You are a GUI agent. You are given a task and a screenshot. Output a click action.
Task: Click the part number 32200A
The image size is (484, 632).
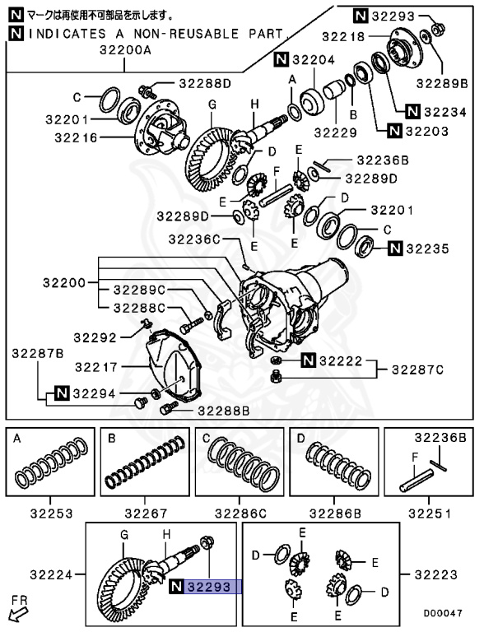[x=126, y=50]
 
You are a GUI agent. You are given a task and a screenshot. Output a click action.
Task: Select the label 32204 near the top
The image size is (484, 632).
[x=311, y=59]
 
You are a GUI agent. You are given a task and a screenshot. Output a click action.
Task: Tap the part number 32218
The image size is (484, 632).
[x=344, y=37]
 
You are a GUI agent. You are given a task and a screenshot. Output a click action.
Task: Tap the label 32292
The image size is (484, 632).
[x=95, y=337]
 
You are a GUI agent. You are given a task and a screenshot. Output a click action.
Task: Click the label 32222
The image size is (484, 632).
[x=342, y=360]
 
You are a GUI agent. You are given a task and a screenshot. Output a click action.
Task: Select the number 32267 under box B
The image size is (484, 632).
[x=145, y=513]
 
